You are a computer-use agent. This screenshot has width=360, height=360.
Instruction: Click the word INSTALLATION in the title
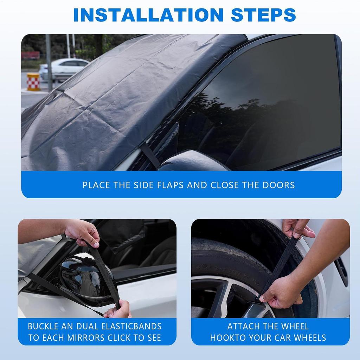(x=148, y=15)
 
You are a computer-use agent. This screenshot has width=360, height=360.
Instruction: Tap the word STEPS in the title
(x=263, y=15)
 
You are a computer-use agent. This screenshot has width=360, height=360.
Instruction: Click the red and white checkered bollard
(x=33, y=82)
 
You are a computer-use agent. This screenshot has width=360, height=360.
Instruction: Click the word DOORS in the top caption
(x=279, y=185)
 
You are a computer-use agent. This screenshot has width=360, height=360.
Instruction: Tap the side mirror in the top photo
(x=193, y=161)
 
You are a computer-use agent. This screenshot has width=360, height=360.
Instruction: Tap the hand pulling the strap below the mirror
(x=118, y=310)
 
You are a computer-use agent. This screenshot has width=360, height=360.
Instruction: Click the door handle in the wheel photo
(x=342, y=271)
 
